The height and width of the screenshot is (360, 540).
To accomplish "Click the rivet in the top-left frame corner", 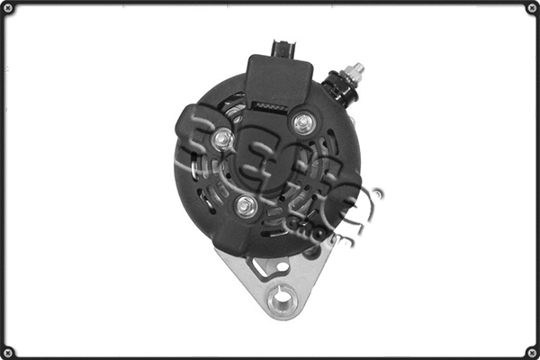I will tap(8, 8).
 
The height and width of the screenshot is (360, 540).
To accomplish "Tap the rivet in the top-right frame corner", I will tap(531, 8).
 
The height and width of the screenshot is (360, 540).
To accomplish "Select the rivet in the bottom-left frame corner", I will tap(8, 351).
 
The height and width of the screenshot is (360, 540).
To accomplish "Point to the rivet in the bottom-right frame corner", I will tap(531, 351).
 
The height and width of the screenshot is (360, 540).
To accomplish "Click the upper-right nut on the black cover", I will tap(303, 121).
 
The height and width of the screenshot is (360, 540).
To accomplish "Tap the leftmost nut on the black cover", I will tap(223, 139).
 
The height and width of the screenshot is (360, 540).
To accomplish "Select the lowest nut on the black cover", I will tap(247, 206).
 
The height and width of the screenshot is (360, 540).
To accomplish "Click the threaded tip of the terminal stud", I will tap(357, 67).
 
